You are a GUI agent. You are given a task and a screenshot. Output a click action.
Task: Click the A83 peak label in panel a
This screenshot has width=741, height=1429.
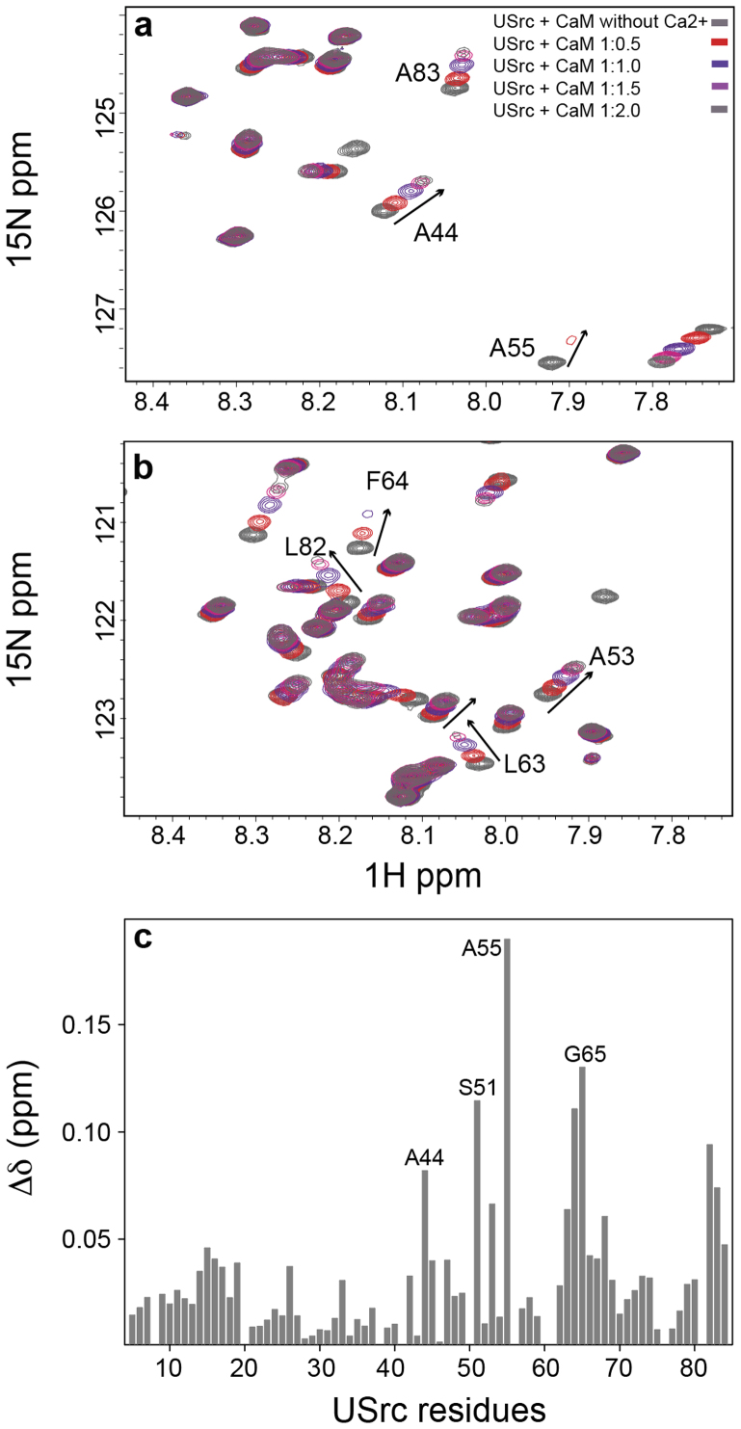pyautogui.click(x=417, y=72)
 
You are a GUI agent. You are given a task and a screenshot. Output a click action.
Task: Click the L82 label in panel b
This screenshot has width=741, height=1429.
pyautogui.click(x=305, y=547)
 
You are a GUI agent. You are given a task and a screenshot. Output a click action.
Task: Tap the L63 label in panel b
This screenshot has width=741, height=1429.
pyautogui.click(x=524, y=764)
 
